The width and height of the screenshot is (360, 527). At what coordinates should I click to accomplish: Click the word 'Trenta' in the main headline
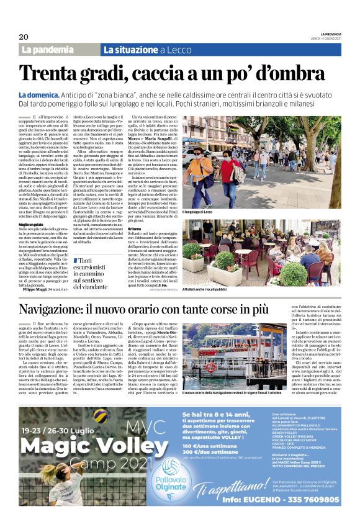click(53, 74)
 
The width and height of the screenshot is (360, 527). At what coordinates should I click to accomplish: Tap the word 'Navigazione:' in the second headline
click(66, 310)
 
